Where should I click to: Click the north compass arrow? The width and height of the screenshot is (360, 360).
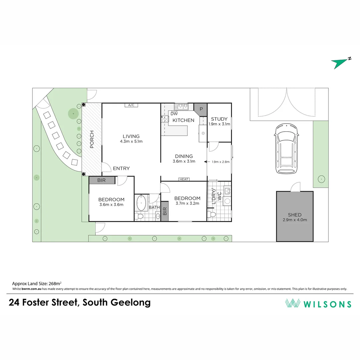[340, 63]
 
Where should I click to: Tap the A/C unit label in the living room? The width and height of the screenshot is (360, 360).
[131, 105]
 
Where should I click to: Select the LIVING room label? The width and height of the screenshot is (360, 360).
[131, 136]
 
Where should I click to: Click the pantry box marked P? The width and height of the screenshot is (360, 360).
[201, 109]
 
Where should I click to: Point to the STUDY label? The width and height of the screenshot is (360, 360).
[219, 119]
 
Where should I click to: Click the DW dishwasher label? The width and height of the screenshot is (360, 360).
[174, 114]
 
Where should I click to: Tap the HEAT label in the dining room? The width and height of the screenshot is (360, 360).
[184, 179]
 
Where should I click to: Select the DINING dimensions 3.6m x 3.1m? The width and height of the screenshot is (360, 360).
[184, 161]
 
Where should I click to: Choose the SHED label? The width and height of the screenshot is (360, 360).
[295, 215]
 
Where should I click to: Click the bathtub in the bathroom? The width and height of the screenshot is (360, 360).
[141, 203]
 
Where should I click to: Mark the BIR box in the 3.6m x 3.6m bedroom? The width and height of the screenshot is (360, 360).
[102, 180]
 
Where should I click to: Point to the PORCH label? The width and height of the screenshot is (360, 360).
[92, 139]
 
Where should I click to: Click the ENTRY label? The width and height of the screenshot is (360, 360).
[121, 169]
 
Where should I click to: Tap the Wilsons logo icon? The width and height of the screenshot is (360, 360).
[293, 303]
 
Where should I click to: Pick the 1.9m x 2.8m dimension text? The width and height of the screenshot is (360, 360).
[221, 162]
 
